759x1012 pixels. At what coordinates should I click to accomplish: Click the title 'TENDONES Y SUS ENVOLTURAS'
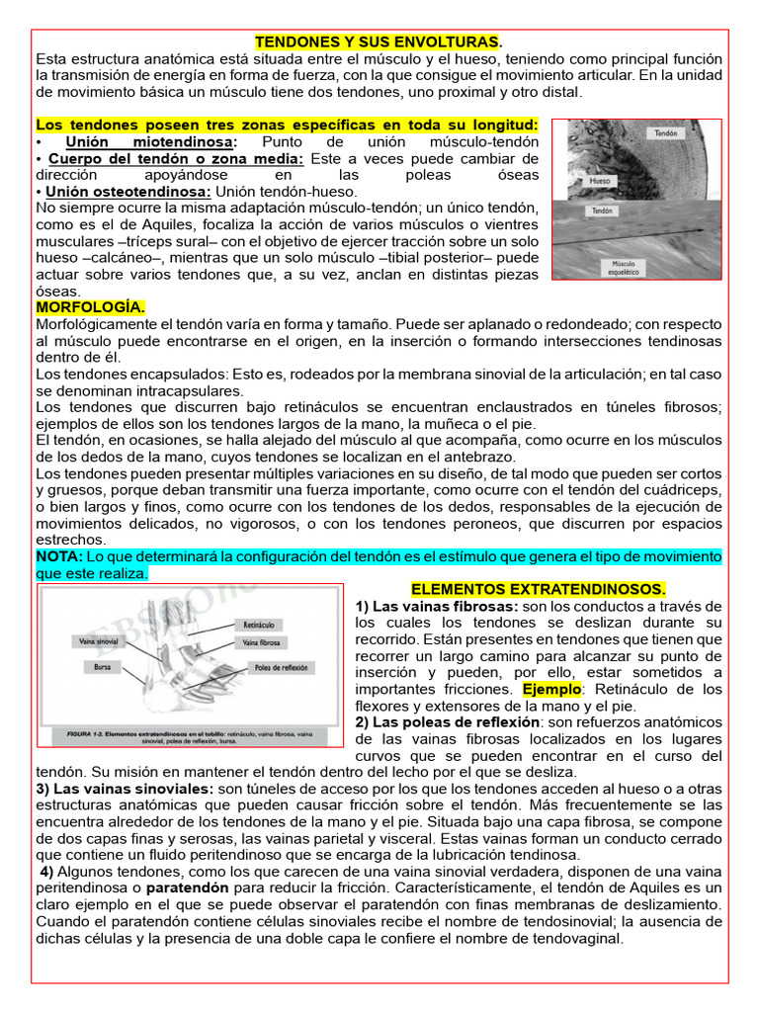click(x=379, y=42)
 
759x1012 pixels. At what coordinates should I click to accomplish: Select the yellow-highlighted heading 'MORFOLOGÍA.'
click(x=90, y=307)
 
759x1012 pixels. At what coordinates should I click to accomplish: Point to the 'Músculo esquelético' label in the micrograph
click(x=625, y=266)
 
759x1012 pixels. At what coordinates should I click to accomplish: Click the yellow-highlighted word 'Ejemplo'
click(x=552, y=689)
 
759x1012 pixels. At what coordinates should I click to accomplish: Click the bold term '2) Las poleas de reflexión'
click(x=447, y=722)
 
